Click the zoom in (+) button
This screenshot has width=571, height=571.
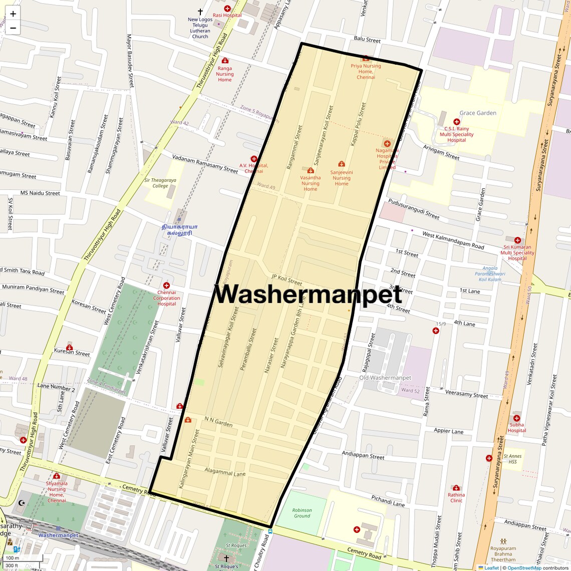coord(13,14)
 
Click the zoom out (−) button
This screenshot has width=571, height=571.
coord(13,28)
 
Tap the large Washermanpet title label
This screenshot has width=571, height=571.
coord(308,295)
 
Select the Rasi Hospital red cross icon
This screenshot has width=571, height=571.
coord(227,9)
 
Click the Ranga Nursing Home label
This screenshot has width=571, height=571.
coord(225,74)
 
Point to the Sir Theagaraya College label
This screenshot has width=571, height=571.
coord(160,183)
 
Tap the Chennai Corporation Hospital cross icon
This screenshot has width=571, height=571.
coord(166,285)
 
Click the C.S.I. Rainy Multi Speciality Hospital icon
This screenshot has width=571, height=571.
coord(456,122)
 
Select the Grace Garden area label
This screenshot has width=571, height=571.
coord(478,113)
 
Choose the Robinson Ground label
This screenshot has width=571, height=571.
coord(302,513)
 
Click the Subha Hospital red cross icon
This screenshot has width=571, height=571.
coord(516,418)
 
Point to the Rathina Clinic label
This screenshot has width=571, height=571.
coord(456,497)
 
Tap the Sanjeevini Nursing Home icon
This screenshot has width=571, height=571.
coord(342,164)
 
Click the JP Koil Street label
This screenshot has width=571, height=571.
coord(287,279)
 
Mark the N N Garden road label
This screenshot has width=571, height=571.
coord(218,421)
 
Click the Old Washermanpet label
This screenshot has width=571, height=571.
coord(385,378)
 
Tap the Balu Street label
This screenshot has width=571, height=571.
coord(367,40)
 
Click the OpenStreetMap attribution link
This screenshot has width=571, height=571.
coord(524,567)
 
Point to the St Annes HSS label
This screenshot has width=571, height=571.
coord(512,459)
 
